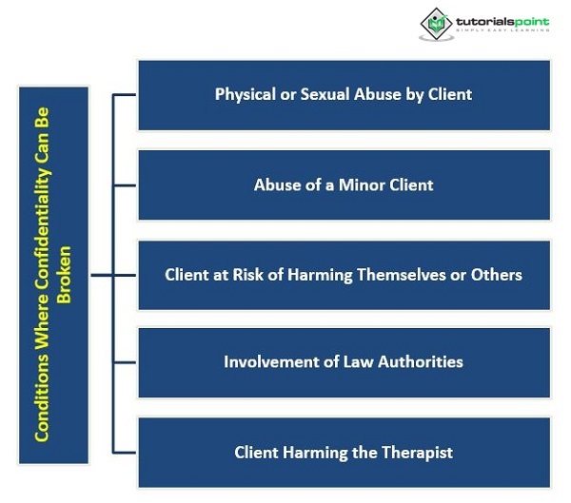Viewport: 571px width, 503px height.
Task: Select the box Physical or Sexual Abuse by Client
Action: (344, 95)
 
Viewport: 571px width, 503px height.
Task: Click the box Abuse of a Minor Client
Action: (344, 184)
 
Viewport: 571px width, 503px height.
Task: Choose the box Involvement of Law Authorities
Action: (344, 362)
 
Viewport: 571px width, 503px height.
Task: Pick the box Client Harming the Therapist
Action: (344, 452)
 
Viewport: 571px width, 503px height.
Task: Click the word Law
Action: (351, 362)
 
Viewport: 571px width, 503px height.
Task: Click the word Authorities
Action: (416, 362)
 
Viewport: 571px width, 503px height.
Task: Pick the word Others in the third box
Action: (497, 275)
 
